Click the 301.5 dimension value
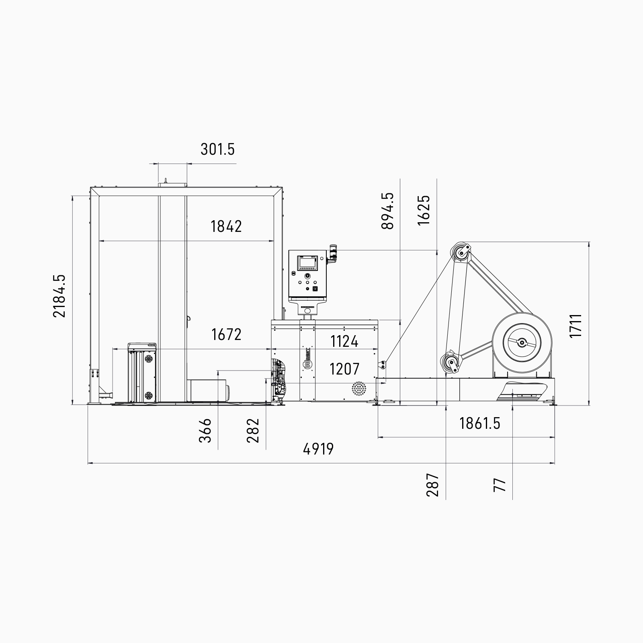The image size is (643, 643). click(x=217, y=149)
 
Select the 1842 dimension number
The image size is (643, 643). click(x=226, y=227)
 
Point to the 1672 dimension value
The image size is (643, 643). click(x=226, y=334)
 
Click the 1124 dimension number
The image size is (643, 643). click(x=344, y=342)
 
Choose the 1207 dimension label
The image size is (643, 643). click(x=344, y=369)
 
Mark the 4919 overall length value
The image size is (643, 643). click(x=318, y=449)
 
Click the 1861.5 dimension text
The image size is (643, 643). click(x=480, y=423)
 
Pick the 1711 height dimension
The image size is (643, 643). click(x=576, y=326)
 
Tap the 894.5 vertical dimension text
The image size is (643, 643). click(x=388, y=211)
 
